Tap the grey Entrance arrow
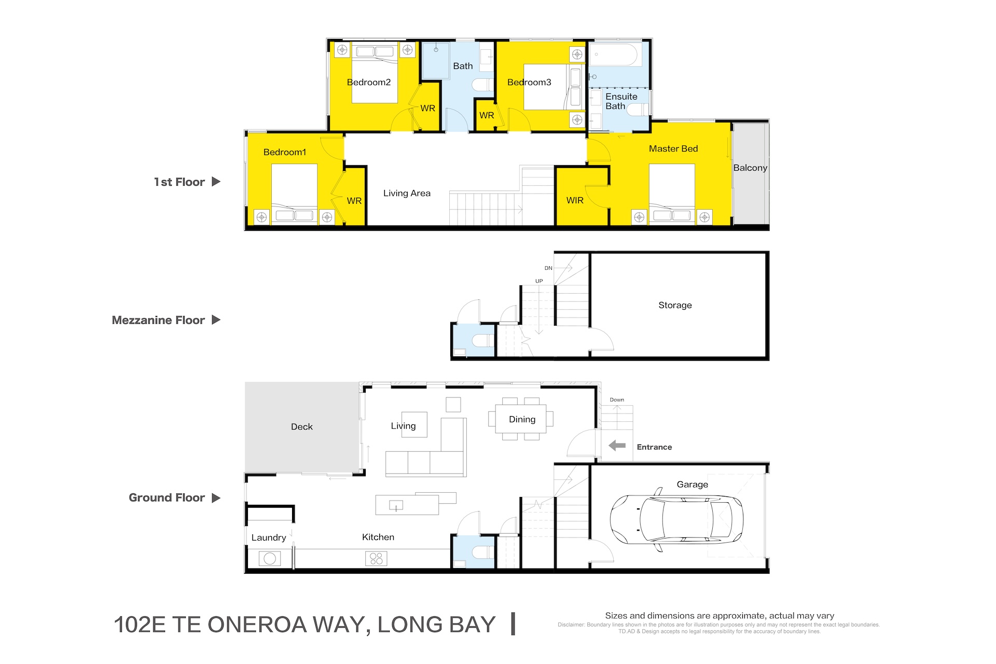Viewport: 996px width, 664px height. pos(617,446)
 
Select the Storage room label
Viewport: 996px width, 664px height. pos(675,305)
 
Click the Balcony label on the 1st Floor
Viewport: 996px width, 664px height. pos(750,168)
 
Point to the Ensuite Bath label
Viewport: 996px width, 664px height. pos(621,101)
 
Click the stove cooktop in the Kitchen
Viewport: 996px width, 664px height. pos(376,559)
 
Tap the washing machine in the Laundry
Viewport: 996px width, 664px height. pos(270,559)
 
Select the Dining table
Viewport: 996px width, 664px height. pos(521,419)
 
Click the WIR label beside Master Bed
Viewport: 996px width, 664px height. pos(575,200)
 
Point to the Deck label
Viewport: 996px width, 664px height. pos(302,426)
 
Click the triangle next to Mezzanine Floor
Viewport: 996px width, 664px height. pos(216,320)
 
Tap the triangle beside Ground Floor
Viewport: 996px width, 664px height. pos(216,497)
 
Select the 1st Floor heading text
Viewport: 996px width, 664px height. pos(179,182)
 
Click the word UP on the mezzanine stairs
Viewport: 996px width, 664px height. pos(539,281)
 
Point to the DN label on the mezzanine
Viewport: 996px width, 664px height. pos(548,268)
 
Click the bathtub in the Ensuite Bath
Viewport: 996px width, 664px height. pos(613,54)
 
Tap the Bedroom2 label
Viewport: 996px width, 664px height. pos(369,82)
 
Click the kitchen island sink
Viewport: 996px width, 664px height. pos(396,505)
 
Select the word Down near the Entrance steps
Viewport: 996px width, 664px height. pos(617,399)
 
